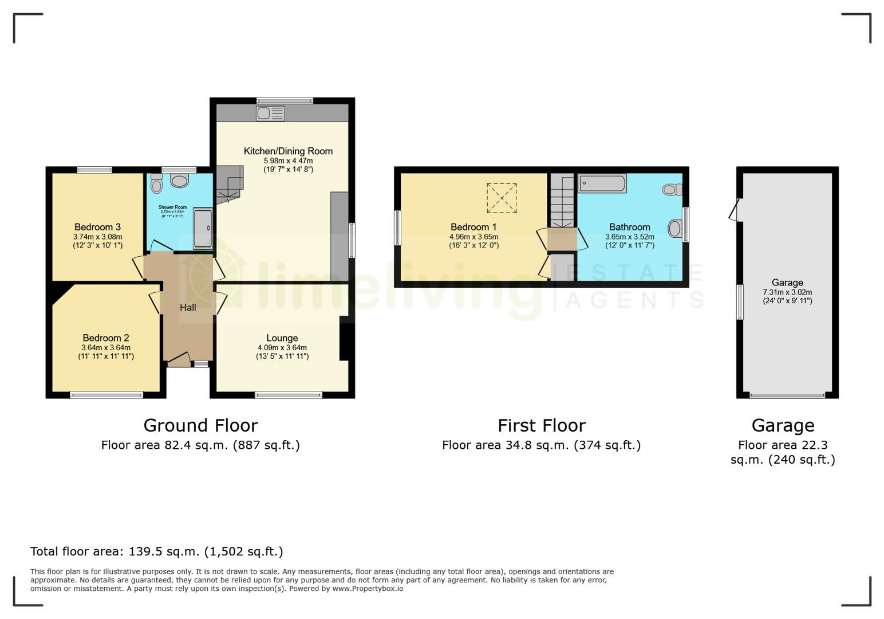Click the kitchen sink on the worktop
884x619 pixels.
[270, 113]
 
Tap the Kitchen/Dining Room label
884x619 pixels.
[288, 151]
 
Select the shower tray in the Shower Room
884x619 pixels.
[202, 229]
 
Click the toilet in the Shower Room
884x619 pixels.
[156, 184]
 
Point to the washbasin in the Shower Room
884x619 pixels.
[180, 182]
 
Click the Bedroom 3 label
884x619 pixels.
[97, 227]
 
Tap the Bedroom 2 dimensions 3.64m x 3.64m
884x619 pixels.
[106, 347]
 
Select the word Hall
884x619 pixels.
[188, 308]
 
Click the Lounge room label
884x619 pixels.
[282, 338]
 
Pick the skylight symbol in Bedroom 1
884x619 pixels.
[502, 198]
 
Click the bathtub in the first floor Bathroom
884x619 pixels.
[602, 183]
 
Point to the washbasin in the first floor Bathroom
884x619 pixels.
[675, 229]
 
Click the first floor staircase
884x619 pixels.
[562, 201]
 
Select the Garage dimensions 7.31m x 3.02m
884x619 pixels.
[787, 292]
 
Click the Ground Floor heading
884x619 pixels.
[200, 425]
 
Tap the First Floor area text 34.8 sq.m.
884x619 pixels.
[541, 445]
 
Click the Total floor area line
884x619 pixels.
[156, 551]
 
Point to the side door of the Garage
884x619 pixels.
[735, 210]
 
